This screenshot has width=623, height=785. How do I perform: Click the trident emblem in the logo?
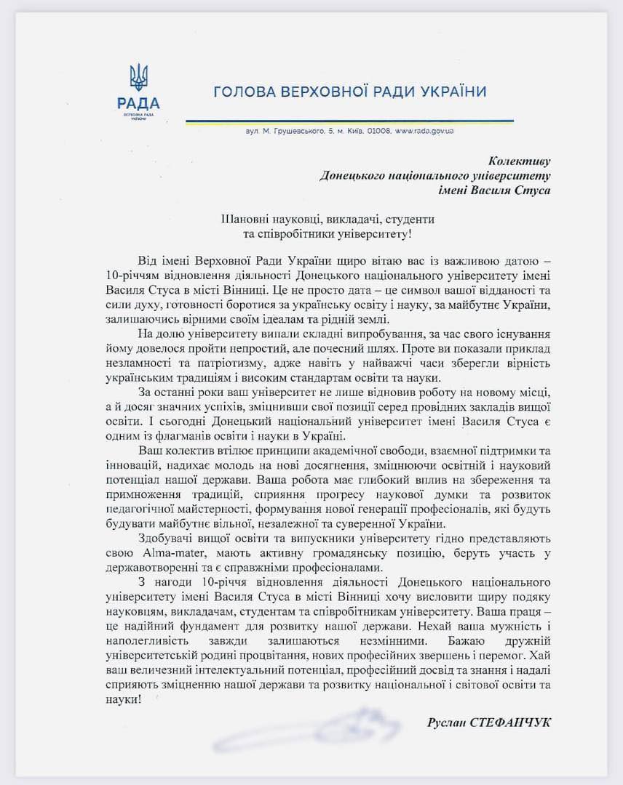click(138, 77)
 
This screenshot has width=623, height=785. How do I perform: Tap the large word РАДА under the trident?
click(138, 102)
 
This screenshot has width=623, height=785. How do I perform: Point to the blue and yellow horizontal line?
click(349, 121)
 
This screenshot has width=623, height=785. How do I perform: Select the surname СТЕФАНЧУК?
click(512, 721)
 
